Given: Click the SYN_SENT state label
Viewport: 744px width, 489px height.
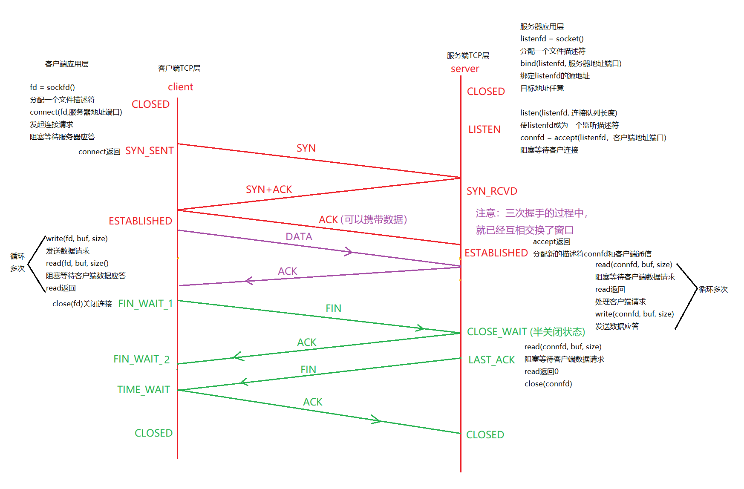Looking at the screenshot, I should point(149,151).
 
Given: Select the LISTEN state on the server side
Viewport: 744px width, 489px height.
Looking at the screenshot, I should point(484,129).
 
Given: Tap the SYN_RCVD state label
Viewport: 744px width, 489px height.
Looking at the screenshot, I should point(492,191).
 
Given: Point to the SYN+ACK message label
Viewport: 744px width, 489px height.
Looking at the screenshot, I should point(269,190).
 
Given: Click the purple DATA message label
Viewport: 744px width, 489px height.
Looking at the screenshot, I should point(299,237).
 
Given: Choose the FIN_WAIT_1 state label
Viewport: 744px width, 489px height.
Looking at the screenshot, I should point(145,304).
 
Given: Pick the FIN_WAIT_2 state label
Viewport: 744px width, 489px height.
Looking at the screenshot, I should point(141,360).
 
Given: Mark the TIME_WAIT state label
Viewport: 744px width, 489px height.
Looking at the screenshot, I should point(144,390).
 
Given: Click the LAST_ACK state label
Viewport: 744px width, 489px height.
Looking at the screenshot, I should point(492,360).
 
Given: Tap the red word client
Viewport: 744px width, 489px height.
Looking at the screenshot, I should point(180,87).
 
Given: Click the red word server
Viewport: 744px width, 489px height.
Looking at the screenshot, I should point(465,69).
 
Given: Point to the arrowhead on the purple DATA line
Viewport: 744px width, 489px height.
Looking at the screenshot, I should point(349,251).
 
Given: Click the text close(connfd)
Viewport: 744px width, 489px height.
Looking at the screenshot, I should point(548,384).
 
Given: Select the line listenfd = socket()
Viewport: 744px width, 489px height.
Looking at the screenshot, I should point(552,39).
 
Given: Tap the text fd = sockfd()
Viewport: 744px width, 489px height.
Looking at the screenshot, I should point(52,87).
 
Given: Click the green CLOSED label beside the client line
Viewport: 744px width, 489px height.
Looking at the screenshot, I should point(153,433).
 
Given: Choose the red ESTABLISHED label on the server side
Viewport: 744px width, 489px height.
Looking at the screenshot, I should point(496,253).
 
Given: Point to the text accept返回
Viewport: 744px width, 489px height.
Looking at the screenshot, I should point(551,242).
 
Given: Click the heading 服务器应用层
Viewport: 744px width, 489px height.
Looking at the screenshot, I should point(542,26).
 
